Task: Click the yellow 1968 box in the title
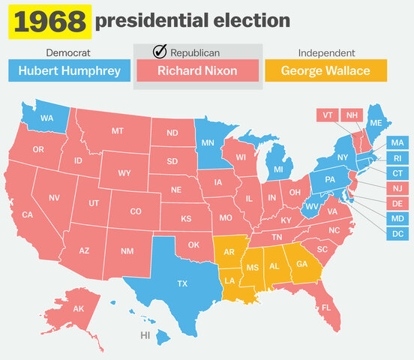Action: point(49,21)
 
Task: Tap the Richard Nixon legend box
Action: point(197,70)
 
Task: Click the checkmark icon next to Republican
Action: point(159,52)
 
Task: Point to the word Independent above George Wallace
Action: point(326,52)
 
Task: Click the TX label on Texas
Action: point(181,283)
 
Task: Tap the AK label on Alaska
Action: point(79,309)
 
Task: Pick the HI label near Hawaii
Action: point(145,334)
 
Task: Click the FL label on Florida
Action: point(326,307)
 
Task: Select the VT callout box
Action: point(327,115)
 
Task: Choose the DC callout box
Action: point(398,234)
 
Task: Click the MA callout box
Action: point(398,142)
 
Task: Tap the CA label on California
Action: point(27,214)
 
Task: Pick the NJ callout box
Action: point(398,187)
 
